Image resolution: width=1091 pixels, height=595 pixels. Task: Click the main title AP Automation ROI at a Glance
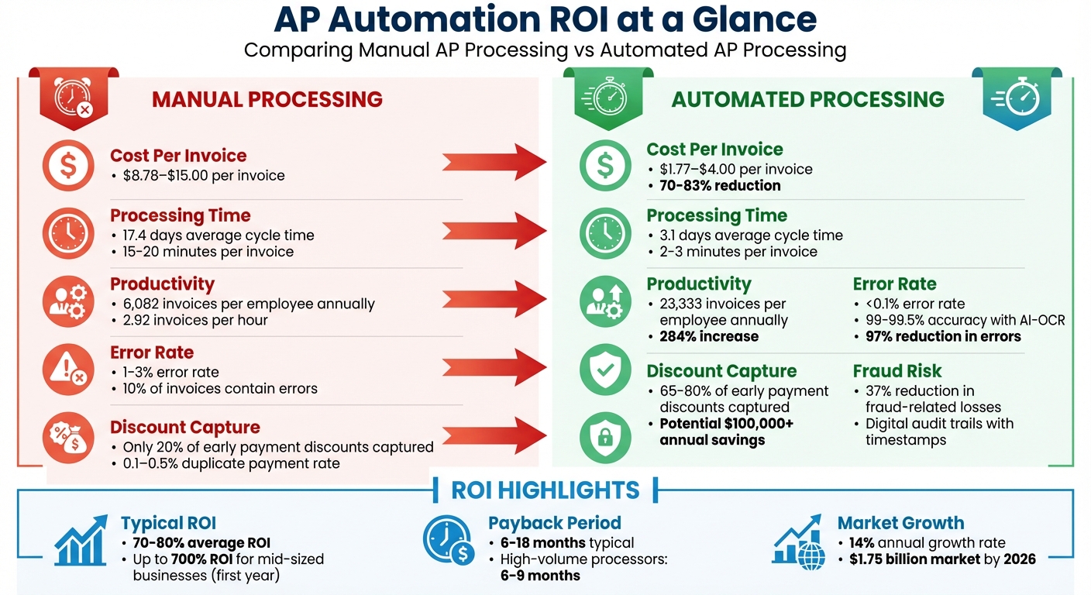(545, 19)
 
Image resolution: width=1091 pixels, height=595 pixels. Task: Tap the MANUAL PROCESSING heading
(267, 99)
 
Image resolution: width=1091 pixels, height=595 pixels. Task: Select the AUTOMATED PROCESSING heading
(807, 99)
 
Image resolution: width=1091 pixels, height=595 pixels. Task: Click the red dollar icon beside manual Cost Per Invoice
(69, 165)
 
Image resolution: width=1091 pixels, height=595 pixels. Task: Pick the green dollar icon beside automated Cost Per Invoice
(605, 165)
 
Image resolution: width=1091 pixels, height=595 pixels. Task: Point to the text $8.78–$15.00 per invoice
(203, 176)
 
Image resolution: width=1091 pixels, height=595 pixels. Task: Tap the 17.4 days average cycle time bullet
(218, 235)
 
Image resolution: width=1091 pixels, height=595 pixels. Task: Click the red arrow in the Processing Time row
(496, 228)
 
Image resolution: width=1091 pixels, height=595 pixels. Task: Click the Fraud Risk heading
(897, 371)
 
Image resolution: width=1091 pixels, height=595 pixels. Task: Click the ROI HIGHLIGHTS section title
(545, 490)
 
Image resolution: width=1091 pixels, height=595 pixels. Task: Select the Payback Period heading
(554, 523)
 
